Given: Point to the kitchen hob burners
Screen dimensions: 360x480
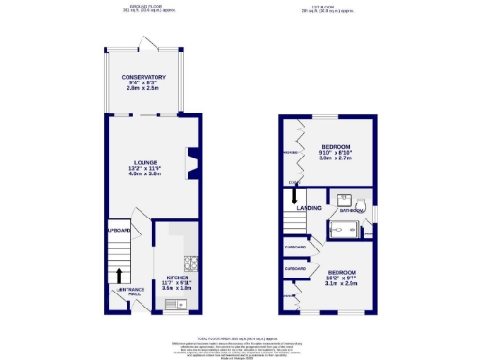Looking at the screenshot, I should point(188,262).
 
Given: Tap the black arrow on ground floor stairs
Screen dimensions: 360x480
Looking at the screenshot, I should point(120,275).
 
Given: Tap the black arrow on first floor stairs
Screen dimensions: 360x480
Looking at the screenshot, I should point(294,197).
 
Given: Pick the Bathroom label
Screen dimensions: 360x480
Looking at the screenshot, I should point(351,212).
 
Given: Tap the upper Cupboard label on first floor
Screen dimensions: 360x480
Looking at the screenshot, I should point(295,247).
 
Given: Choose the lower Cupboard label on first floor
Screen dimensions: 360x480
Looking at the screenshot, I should point(295,268).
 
